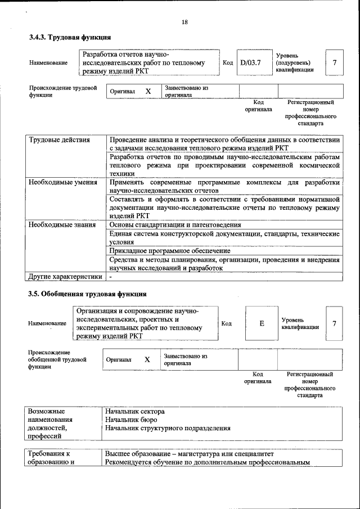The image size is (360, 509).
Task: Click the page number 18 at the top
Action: coord(184,22)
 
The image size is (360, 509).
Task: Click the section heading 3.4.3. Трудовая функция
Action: coord(70,38)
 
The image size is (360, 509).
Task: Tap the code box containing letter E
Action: coord(262,323)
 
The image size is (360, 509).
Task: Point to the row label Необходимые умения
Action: coord(60,183)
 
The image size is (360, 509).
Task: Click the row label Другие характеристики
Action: coord(65,276)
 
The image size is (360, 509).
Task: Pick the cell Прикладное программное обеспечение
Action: coord(170,251)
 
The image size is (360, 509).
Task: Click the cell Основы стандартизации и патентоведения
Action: coord(175,225)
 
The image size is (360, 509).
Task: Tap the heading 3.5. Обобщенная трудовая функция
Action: coord(88,294)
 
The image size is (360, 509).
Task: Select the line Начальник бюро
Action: coord(131,420)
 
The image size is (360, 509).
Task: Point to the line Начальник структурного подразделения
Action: coord(168,428)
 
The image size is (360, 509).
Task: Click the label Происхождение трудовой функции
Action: coord(62,92)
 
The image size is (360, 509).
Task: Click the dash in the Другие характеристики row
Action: coord(111,276)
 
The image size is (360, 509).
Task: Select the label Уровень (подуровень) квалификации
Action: coord(295,62)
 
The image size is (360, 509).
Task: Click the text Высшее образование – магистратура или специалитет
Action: coord(189,454)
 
